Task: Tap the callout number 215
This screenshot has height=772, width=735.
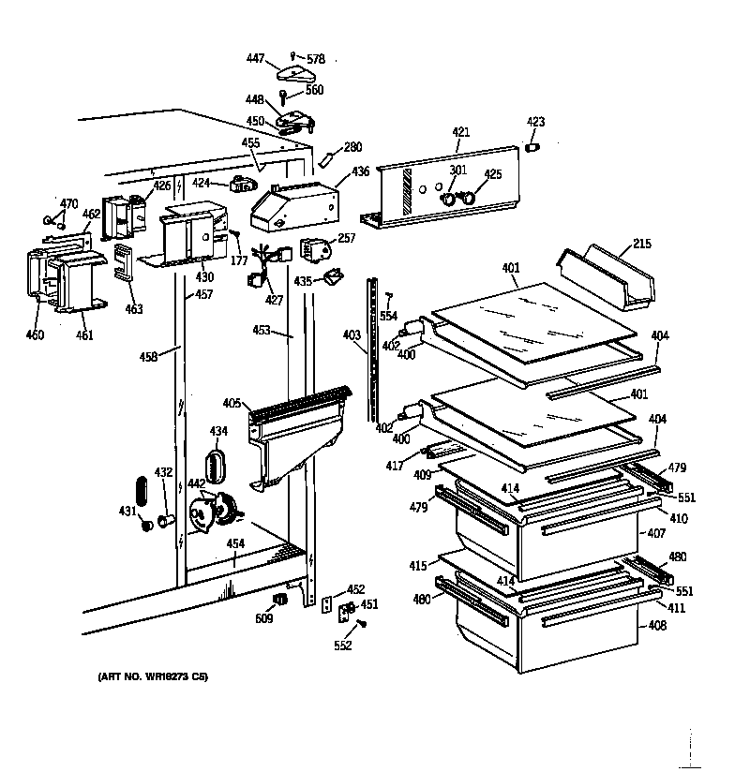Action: (641, 245)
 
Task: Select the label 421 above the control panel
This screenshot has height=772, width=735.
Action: (460, 133)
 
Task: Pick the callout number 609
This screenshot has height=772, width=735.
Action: (264, 619)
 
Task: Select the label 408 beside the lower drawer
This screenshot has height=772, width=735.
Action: (657, 625)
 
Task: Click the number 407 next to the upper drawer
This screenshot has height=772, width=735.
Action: (654, 534)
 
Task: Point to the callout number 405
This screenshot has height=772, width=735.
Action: (231, 404)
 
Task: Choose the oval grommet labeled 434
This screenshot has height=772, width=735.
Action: (217, 464)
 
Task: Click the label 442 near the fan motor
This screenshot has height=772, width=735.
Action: (197, 483)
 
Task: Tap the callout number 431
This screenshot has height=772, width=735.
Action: (127, 511)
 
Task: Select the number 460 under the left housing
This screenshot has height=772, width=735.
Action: (34, 334)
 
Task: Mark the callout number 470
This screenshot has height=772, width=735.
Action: (69, 203)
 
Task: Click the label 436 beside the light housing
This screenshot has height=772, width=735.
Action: (361, 171)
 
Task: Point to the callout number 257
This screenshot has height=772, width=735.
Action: (347, 239)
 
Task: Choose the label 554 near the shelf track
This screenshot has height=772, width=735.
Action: (388, 317)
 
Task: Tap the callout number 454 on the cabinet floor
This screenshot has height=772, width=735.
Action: (235, 544)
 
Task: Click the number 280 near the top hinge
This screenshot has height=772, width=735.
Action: (352, 147)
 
